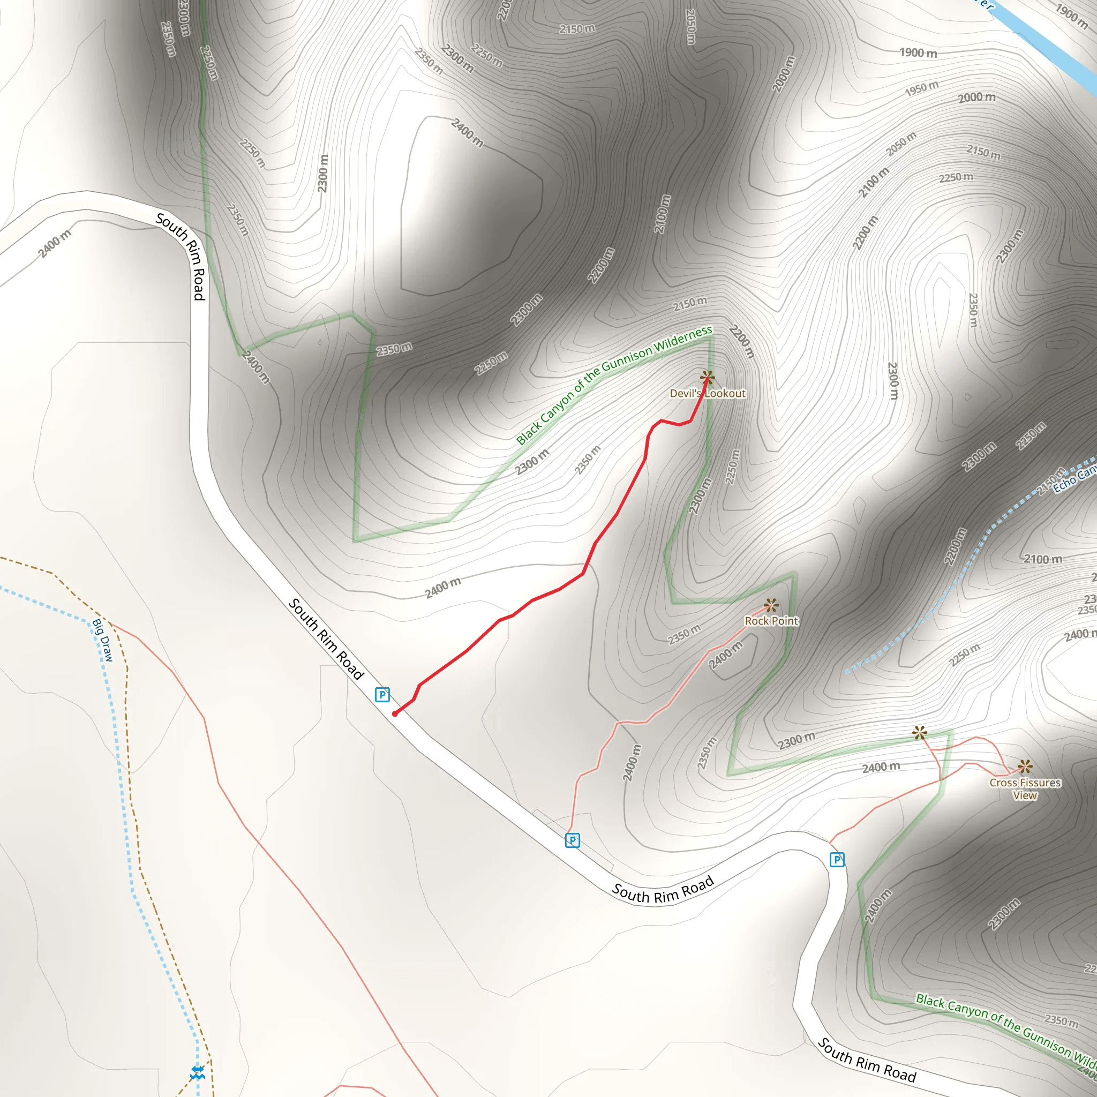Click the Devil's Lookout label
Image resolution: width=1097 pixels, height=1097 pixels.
(707, 394)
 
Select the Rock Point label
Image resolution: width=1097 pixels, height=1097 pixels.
(771, 621)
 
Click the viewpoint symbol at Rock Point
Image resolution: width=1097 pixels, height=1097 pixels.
(770, 605)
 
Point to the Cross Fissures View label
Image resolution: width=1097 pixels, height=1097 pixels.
(1025, 788)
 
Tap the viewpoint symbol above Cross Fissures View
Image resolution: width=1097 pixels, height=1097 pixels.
(1025, 767)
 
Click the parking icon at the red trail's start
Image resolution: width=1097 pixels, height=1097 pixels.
(382, 694)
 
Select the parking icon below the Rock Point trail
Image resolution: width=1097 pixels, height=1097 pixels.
(573, 840)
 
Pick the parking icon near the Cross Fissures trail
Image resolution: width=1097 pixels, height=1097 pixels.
(837, 860)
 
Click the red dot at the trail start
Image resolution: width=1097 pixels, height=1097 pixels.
(395, 713)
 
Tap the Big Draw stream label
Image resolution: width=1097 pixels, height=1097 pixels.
(103, 641)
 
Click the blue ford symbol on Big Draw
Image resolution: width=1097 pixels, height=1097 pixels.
(197, 1072)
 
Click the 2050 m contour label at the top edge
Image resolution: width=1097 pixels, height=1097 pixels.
(690, 26)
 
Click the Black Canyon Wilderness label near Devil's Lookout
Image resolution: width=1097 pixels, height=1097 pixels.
(613, 385)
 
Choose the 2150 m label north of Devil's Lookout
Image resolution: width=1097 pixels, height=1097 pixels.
(690, 304)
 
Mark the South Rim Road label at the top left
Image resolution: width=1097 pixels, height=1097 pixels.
(181, 256)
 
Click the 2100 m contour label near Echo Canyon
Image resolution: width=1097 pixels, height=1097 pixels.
(1042, 559)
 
